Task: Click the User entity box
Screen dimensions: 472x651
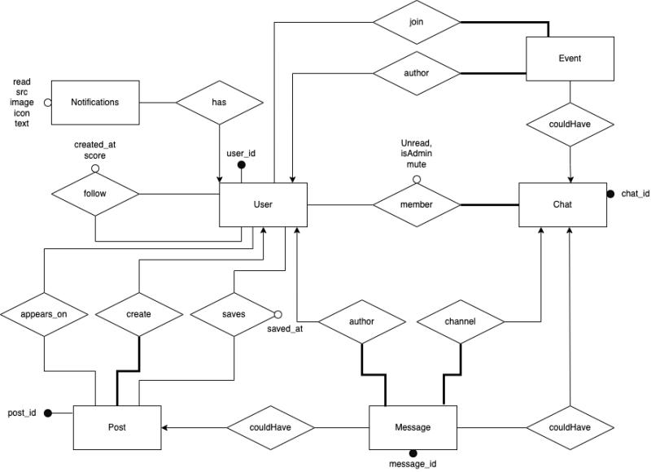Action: coord(263,204)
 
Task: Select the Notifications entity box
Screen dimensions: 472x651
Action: coord(94,103)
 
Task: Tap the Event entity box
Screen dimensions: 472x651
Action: coord(570,59)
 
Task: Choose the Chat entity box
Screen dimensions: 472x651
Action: coord(561,204)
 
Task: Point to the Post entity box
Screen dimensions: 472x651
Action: coord(117,426)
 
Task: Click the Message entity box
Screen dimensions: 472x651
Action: coord(413,426)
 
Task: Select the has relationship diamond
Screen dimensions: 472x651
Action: coord(221,103)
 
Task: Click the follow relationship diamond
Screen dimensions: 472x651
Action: coord(95,194)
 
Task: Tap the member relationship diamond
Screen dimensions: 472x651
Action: coord(416,204)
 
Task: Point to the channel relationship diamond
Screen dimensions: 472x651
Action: coord(460,321)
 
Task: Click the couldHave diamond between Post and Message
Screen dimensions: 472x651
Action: coord(271,426)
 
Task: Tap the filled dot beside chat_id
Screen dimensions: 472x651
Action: coord(610,194)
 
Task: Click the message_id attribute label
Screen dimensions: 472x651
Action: coord(413,464)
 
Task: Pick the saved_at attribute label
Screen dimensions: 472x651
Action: coord(285,329)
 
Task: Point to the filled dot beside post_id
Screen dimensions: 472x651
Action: coord(48,413)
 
